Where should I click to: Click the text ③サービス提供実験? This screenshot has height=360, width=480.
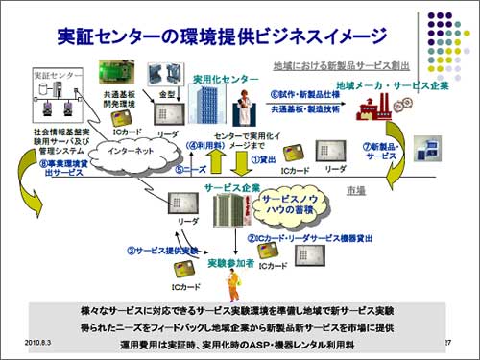point(157,250)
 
